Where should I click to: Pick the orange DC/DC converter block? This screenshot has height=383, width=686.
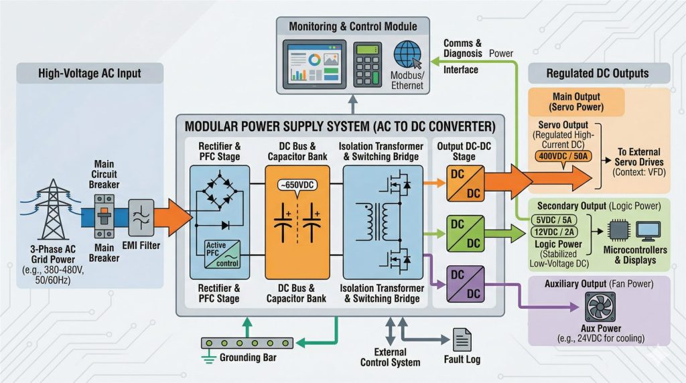pyautogui.click(x=465, y=183)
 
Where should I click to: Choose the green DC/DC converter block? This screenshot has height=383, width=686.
pyautogui.click(x=465, y=232)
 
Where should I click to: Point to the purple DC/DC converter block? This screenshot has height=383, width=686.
pyautogui.click(x=465, y=283)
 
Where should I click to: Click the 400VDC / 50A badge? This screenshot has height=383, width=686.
pyautogui.click(x=562, y=155)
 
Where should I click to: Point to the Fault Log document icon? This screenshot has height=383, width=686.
pyautogui.click(x=462, y=339)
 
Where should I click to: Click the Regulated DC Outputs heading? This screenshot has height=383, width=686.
pyautogui.click(x=598, y=73)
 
